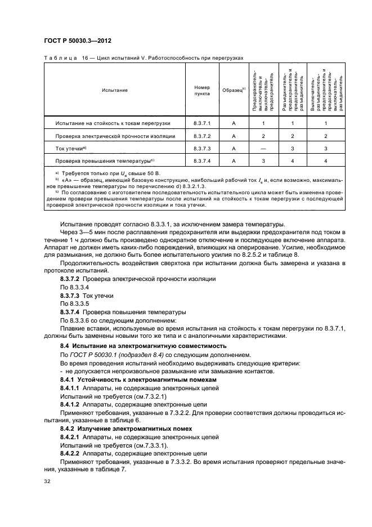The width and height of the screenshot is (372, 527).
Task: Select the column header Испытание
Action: [114, 90]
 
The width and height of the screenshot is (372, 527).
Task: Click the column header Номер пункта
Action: [201, 90]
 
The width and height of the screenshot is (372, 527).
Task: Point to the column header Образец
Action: [232, 90]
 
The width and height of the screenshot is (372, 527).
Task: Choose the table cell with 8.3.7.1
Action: [201, 122]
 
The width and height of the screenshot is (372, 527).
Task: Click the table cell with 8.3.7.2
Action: [201, 136]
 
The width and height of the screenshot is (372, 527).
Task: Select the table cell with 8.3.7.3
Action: [201, 148]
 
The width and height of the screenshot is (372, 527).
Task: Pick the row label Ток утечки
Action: [70, 148]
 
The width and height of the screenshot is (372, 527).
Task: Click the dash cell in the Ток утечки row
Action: [263, 148]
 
